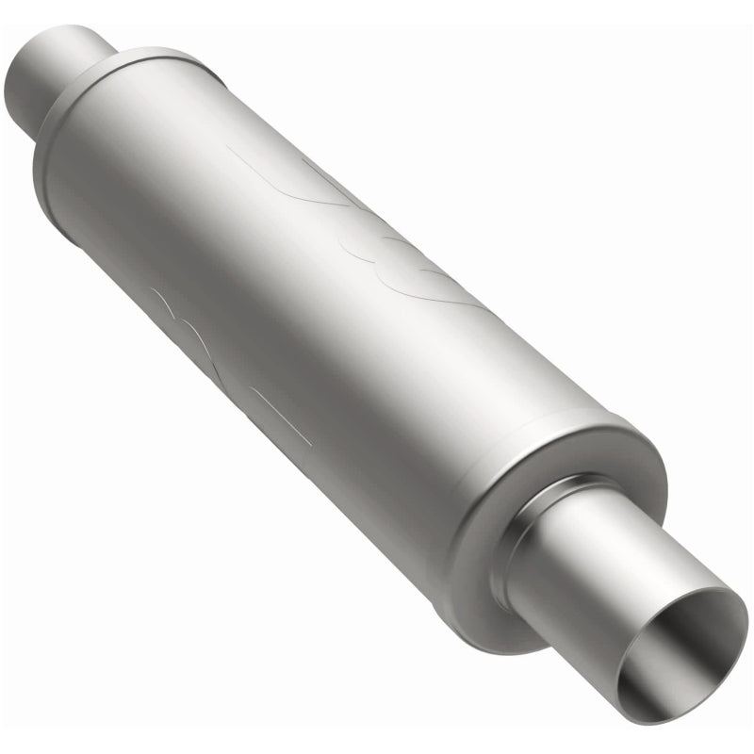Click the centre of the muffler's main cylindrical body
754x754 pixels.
pos(311,302)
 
